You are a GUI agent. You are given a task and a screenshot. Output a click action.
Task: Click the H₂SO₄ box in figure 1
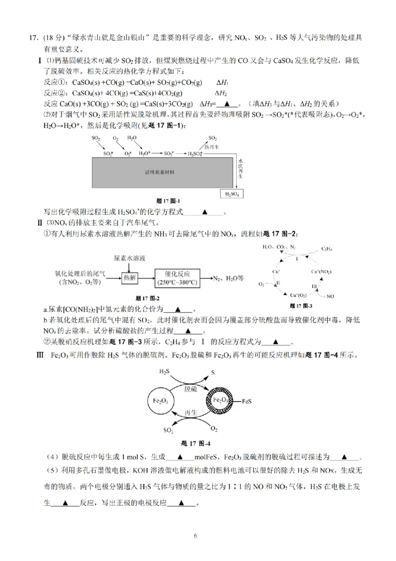click(232, 194)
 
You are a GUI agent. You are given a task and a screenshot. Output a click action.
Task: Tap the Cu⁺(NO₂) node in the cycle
click(322, 272)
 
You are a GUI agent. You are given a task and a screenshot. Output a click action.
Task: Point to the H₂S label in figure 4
click(165, 371)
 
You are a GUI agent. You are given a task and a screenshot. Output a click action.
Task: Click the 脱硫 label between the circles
click(192, 389)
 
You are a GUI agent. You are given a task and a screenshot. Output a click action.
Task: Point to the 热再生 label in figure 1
click(213, 147)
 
